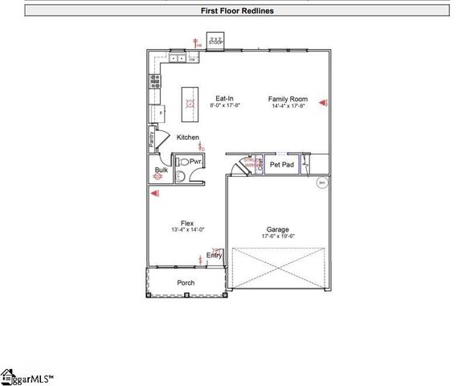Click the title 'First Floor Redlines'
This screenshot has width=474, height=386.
coord(236,11)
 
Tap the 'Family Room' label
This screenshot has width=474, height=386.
coord(288,99)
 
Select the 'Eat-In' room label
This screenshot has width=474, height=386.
coord(224,99)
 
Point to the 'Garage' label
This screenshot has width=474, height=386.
coord(277,229)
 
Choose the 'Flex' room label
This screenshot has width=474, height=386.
coord(187,223)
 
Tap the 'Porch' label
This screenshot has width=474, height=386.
coord(186,283)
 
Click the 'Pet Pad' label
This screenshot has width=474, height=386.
coord(281,164)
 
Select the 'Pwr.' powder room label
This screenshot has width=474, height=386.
coord(194,162)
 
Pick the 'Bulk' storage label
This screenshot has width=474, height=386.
coord(161,170)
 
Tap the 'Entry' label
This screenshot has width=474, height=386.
coord(214,255)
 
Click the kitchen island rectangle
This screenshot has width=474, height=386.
coord(190,100)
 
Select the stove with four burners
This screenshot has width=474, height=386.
coord(154,81)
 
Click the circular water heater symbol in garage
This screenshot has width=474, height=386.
coord(321,183)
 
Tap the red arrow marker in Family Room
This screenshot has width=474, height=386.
coord(323,103)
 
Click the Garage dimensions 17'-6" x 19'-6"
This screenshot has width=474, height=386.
coord(277,236)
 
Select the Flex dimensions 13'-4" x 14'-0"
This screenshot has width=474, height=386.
coord(187,230)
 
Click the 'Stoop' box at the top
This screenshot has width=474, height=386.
coord(215,40)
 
